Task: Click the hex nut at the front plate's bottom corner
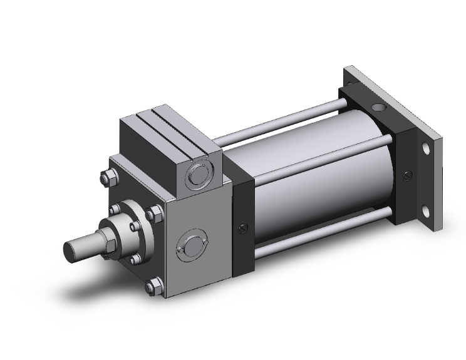pos(151,288)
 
